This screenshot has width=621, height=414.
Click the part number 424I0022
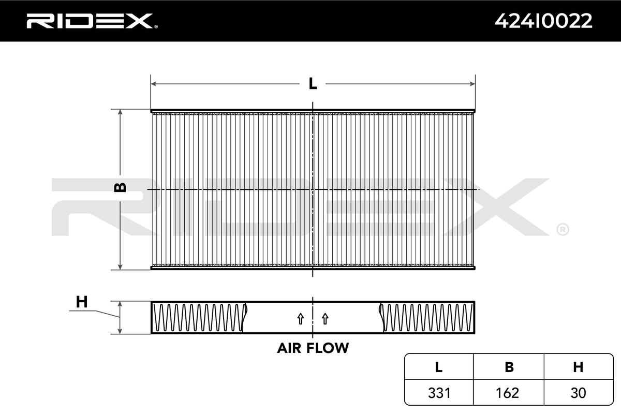pyautogui.click(x=543, y=21)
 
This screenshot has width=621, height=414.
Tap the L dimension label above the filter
pyautogui.click(x=313, y=83)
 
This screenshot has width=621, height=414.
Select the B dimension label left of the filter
pyautogui.click(x=120, y=187)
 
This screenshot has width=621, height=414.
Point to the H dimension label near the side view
pyautogui.click(x=81, y=302)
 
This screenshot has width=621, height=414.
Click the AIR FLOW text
pyautogui.click(x=313, y=348)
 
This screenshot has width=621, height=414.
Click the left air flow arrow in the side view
pyautogui.click(x=300, y=319)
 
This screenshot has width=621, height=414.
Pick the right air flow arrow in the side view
pyautogui.click(x=325, y=319)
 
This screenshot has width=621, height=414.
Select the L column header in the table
pyautogui.click(x=438, y=367)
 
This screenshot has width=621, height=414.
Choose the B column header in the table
pyautogui.click(x=509, y=367)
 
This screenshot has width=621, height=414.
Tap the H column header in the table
pyautogui.click(x=578, y=367)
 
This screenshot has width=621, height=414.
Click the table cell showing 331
pyautogui.click(x=438, y=393)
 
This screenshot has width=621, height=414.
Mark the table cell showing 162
pyautogui.click(x=509, y=393)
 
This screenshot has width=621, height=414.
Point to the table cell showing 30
pyautogui.click(x=578, y=393)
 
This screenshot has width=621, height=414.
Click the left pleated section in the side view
pyautogui.click(x=199, y=318)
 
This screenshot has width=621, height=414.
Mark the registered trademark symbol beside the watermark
pyautogui.click(x=562, y=229)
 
